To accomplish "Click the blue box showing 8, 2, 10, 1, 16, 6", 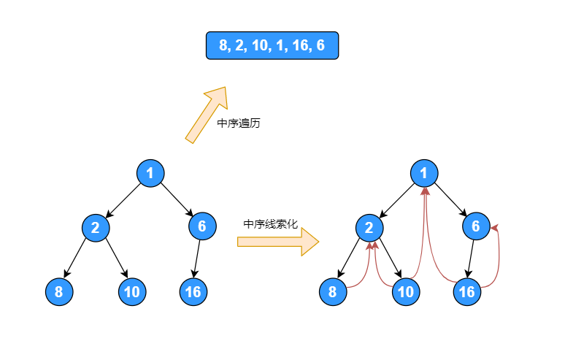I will tap(272, 45).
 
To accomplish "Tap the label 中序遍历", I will tap(239, 123).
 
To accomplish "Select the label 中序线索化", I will tap(270, 223).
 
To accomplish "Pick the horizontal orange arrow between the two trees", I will tap(278, 241).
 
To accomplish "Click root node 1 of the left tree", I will tap(150, 173).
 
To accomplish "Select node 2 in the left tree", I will tap(95, 227).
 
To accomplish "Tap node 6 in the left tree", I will tap(202, 226).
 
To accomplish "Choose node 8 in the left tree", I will tap(58, 292).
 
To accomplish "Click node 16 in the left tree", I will tap(193, 292).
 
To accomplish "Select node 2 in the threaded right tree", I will tap(369, 227).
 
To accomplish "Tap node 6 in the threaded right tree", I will tap(476, 226).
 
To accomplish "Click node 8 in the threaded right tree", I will tap(333, 292).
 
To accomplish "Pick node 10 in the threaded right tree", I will tap(406, 292).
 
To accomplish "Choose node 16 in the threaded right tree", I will tap(467, 292).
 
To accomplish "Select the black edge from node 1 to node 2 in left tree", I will tap(123, 199).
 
